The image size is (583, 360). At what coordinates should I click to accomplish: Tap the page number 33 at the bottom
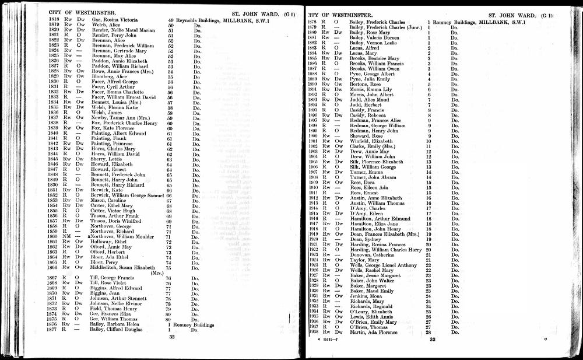click(x=432, y=339)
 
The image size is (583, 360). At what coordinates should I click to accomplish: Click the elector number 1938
click(x=314, y=332)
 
